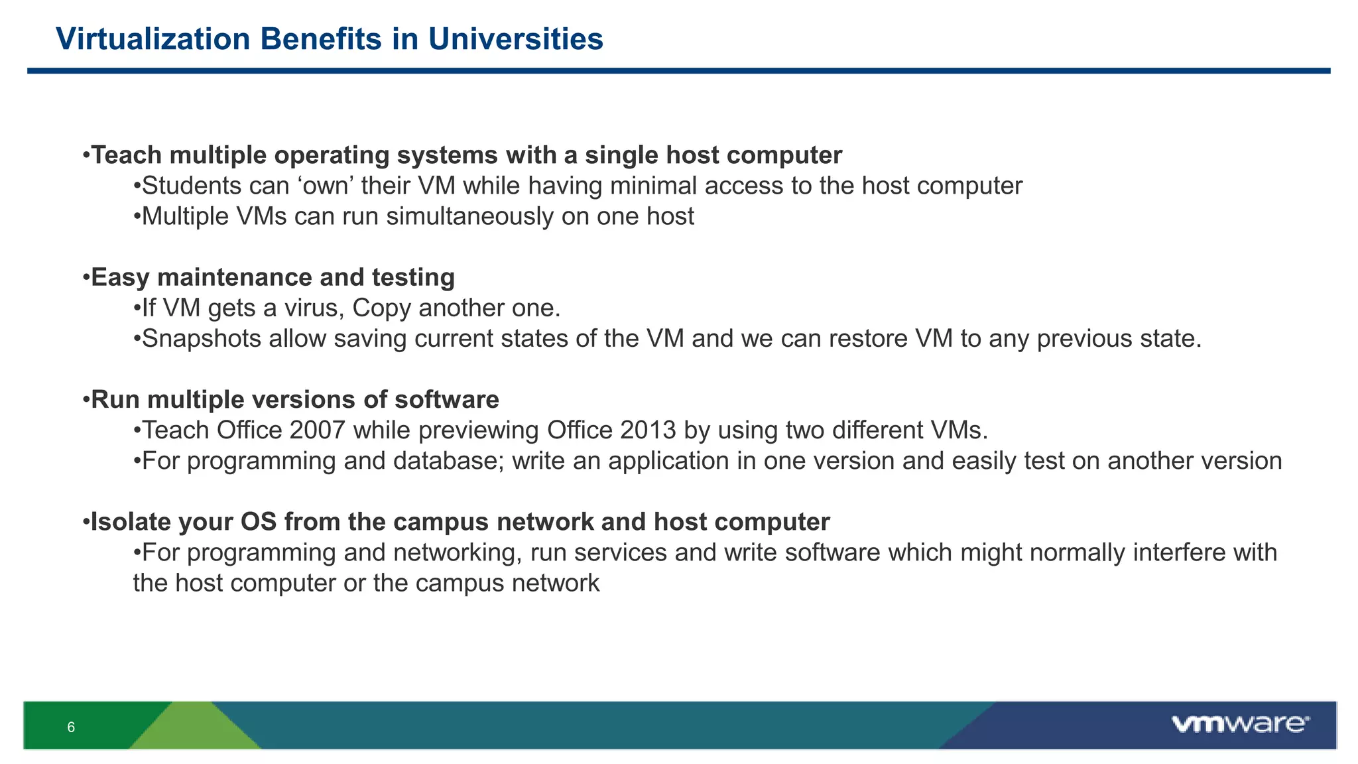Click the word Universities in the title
point(515,39)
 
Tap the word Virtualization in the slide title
point(153,39)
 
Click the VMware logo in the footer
point(1239,724)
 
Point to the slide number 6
point(71,728)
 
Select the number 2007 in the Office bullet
point(317,430)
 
